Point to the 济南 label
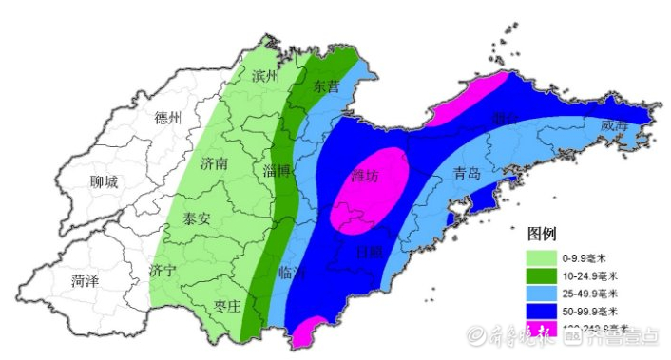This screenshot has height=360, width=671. click(215, 163)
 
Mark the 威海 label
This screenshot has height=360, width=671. click(615, 125)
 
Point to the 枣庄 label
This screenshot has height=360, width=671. click(230, 305)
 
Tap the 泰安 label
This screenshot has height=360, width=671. click(201, 218)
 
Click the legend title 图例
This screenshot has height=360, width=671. click(541, 233)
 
